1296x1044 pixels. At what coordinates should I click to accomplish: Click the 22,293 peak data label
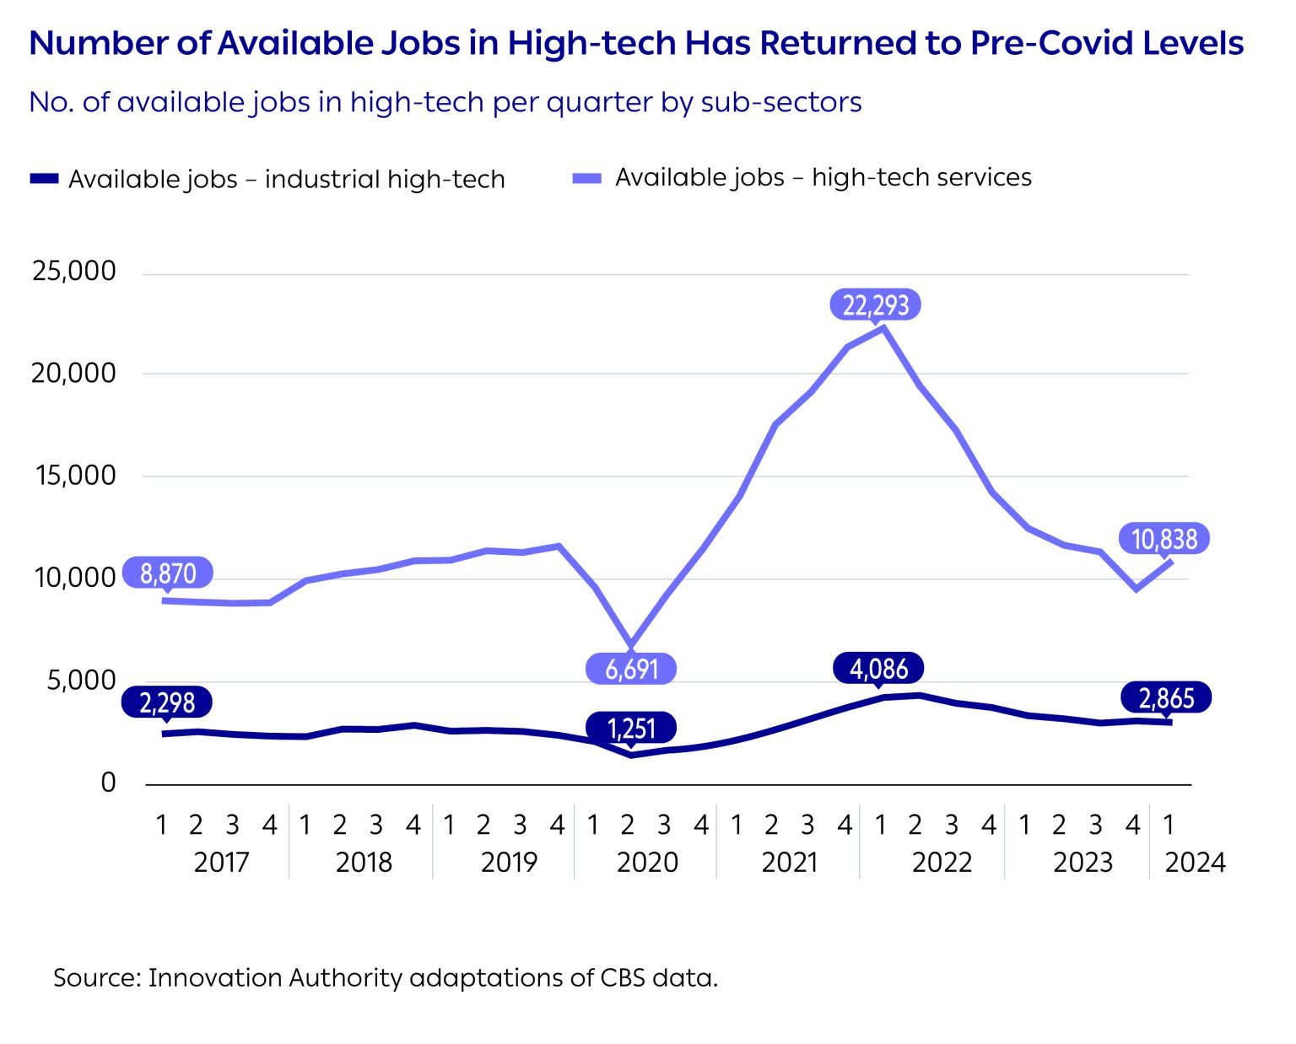876,304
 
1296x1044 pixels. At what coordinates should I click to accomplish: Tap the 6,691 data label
632,669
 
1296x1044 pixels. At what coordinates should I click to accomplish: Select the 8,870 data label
168,573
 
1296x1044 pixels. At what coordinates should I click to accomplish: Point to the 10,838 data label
1164,539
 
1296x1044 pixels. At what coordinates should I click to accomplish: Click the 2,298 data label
167,702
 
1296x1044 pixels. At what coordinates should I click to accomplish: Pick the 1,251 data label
632,728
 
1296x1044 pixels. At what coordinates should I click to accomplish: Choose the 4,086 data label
878,669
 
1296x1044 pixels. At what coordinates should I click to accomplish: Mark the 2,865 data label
1166,697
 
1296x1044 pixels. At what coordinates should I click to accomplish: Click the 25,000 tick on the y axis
74,272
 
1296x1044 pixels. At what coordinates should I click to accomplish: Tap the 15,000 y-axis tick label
74,476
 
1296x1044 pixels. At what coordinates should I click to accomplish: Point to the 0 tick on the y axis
108,783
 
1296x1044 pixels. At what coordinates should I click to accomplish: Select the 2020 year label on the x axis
647,862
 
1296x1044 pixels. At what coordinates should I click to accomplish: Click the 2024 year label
1195,862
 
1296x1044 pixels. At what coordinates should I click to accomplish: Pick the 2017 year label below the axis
221,862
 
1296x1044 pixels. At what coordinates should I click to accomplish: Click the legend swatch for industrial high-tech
44,179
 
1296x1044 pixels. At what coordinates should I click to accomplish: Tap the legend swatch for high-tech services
587,178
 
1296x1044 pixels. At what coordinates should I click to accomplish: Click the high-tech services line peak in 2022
883,328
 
